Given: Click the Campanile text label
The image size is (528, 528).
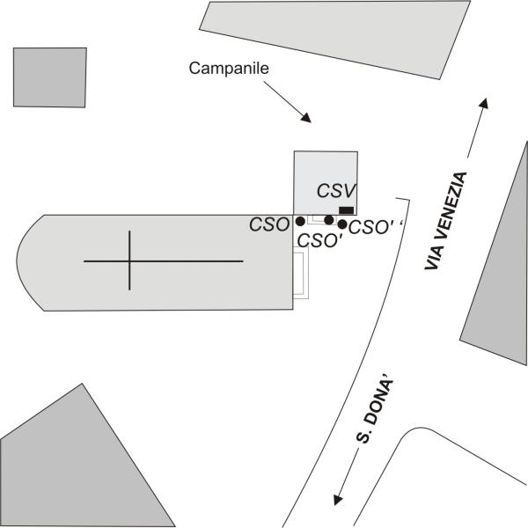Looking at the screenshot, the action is tap(229, 69).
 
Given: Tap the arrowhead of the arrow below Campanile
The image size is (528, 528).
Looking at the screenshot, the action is tap(306, 118).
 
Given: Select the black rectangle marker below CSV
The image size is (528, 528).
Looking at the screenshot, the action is tap(346, 210).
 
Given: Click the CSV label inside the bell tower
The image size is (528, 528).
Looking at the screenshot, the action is tap(336, 191).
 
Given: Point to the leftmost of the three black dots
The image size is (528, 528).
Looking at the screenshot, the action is tap(300, 221).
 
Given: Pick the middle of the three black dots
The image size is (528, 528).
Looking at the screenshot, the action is tap(329, 220).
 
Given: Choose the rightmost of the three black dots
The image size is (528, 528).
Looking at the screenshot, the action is tap(342, 224).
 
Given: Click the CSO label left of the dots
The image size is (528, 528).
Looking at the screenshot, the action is tap(269, 224).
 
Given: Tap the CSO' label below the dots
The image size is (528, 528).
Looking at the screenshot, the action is tap(320, 240).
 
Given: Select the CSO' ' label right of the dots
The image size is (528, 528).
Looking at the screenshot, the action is tap(376, 227).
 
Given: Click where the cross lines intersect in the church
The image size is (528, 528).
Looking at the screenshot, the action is tap(129, 261).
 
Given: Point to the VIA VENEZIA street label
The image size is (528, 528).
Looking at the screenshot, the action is tap(445, 221).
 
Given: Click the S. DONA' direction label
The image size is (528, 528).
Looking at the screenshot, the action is tap(375, 412).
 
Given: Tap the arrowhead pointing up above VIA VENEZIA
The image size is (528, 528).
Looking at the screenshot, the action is tap(484, 103).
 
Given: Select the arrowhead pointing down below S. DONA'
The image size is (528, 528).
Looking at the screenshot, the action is tap(337, 500).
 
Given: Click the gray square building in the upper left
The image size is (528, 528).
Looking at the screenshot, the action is tap(50, 77).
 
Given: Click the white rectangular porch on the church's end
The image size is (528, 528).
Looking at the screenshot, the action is tap(301, 273).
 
